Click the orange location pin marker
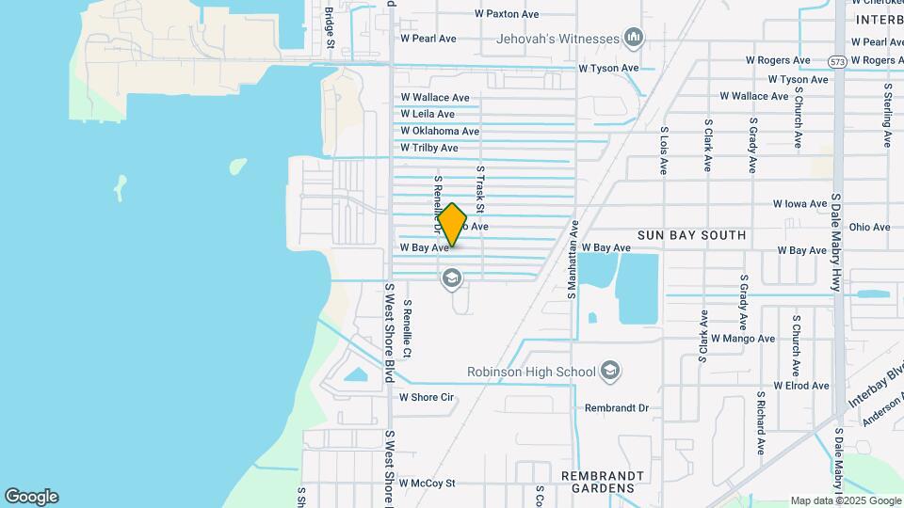click(x=452, y=225)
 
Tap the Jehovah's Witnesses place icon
click(x=634, y=38)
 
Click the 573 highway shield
click(x=837, y=61)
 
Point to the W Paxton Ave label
click(x=507, y=14)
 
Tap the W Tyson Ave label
click(x=608, y=69)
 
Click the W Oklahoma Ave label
click(x=440, y=132)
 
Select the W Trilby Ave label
click(x=429, y=149)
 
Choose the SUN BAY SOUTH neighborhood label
click(x=691, y=235)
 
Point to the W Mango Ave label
click(x=743, y=339)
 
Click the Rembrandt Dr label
click(x=618, y=408)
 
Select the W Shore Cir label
click(x=427, y=397)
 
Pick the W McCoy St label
click(x=428, y=484)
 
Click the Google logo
click(x=31, y=497)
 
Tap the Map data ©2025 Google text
click(x=844, y=500)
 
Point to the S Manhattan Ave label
click(x=572, y=261)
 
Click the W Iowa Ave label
click(x=800, y=203)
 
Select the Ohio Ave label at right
click(x=869, y=227)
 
